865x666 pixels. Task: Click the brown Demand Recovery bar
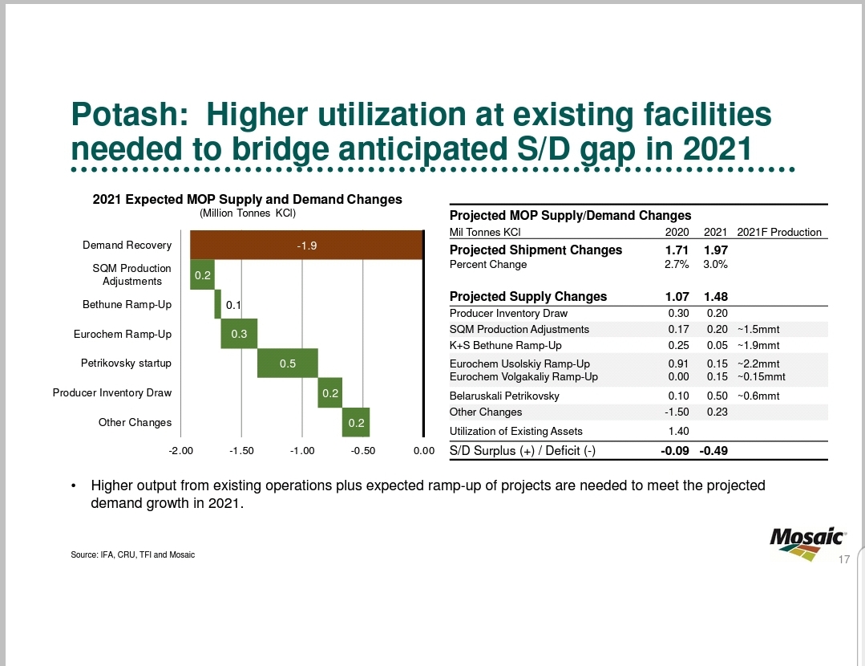(x=306, y=246)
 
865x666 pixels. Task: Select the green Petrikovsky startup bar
(x=288, y=363)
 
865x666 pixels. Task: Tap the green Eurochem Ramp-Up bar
(x=239, y=334)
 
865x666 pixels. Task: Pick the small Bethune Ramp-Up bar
(x=217, y=305)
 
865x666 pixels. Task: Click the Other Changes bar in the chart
(x=356, y=422)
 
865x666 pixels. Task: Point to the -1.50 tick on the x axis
(x=241, y=451)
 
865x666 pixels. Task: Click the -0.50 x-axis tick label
(x=363, y=451)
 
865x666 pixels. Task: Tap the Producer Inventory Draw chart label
(x=112, y=392)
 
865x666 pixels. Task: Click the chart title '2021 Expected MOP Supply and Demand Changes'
(x=247, y=199)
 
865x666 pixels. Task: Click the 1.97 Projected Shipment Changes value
(x=715, y=250)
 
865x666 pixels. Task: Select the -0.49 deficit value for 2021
(x=713, y=451)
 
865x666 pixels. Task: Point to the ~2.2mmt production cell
(x=758, y=363)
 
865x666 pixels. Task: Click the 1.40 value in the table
(x=678, y=431)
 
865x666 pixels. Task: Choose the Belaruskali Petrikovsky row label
(x=504, y=396)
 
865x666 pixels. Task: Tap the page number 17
(x=843, y=559)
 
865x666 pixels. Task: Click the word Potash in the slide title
(x=127, y=116)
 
